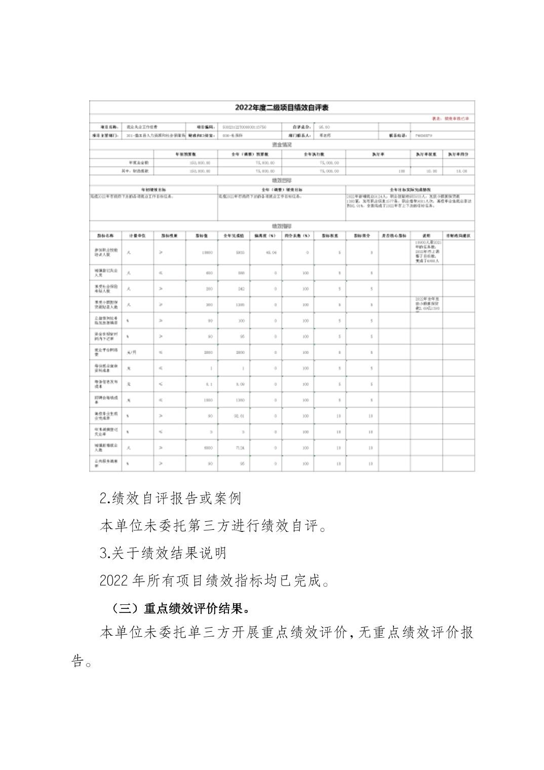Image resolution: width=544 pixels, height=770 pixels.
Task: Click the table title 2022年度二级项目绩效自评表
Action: tap(282, 108)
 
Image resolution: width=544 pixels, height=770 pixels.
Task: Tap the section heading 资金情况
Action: tap(282, 144)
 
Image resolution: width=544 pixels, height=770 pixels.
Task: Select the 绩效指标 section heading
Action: tap(282, 226)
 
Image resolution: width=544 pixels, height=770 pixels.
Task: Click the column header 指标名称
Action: tap(105, 236)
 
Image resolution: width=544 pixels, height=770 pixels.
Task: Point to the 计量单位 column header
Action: tap(137, 236)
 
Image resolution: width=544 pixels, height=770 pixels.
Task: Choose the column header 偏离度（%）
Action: tap(265, 236)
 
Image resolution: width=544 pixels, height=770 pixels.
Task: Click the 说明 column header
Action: tap(426, 236)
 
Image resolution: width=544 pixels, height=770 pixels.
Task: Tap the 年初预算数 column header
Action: tap(185, 153)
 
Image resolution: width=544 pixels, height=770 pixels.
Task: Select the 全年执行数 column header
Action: tap(314, 153)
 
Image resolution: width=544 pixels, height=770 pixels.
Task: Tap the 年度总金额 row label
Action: tap(138, 163)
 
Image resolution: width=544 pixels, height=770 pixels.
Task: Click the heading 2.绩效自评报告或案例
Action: tap(170, 498)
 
